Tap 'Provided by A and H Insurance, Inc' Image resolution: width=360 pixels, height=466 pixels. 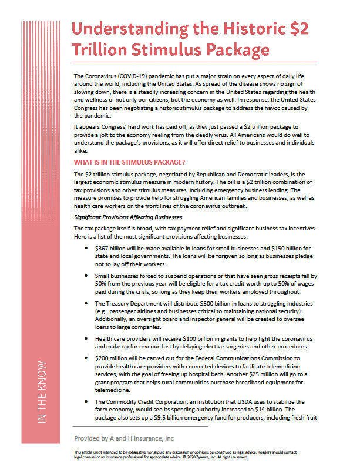tap(123, 438)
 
